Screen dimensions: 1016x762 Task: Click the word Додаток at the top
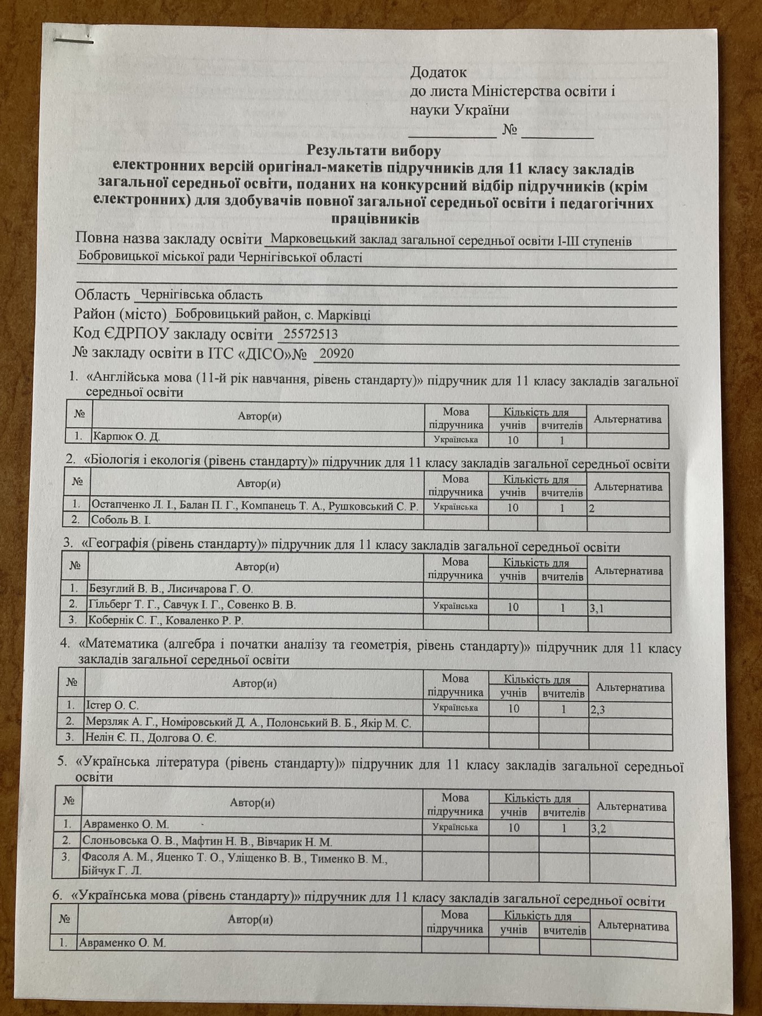click(x=438, y=72)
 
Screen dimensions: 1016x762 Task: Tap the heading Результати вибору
click(x=374, y=151)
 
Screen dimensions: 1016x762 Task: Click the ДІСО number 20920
click(x=336, y=354)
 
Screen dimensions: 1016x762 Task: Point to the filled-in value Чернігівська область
click(x=202, y=295)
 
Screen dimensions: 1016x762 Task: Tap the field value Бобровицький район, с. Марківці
click(x=273, y=314)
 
